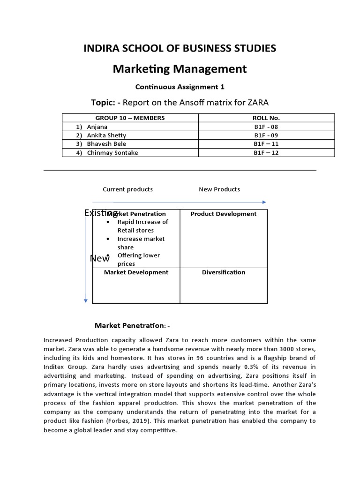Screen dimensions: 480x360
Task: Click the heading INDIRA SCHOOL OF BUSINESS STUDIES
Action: tap(180, 48)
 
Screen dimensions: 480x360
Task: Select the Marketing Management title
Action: tap(180, 69)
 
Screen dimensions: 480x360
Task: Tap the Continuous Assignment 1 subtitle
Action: tap(180, 87)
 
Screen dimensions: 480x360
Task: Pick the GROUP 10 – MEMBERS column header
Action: tap(130, 118)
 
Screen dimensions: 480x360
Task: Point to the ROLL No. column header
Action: tap(266, 118)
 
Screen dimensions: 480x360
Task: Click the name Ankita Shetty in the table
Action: tap(107, 135)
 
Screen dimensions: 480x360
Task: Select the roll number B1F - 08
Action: tap(266, 127)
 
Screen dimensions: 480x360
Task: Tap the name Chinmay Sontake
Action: tap(112, 153)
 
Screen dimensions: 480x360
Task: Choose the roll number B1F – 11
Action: tap(266, 144)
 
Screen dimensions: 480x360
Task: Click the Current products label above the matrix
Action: tap(127, 189)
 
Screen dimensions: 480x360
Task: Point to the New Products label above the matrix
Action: tap(219, 189)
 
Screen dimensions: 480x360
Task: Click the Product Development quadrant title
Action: tap(224, 214)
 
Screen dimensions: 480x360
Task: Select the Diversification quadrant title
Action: tap(224, 272)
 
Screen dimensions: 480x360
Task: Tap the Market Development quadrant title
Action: tap(136, 272)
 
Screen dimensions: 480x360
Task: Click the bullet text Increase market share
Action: tap(141, 243)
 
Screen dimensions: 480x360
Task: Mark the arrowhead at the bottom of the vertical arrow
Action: tap(85, 300)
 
